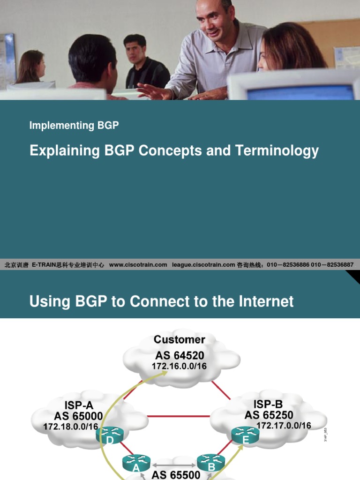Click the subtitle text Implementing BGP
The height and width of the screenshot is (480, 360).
(x=74, y=126)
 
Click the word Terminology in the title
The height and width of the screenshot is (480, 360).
(x=277, y=151)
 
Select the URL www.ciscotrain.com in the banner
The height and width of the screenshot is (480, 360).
(x=138, y=265)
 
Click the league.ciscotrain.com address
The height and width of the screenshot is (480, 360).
(x=203, y=265)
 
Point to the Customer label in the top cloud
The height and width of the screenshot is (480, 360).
(x=180, y=339)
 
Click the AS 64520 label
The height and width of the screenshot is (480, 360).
(x=180, y=355)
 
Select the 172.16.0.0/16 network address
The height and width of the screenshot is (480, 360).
(x=179, y=366)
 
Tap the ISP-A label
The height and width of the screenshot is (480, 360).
(x=78, y=404)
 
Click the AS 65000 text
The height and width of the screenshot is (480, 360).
(x=78, y=415)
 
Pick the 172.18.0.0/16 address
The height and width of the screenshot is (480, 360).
(x=71, y=427)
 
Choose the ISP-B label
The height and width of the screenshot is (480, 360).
(x=268, y=404)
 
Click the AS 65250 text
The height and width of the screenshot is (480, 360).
(x=269, y=415)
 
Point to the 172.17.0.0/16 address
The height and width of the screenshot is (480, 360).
(x=284, y=426)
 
